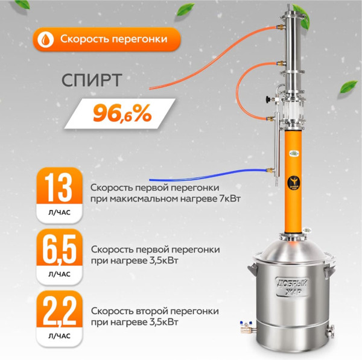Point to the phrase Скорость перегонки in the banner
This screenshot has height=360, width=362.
pos(111,40)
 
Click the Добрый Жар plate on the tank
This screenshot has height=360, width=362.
pos(292,287)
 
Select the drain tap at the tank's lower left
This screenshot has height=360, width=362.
pos(246,326)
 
